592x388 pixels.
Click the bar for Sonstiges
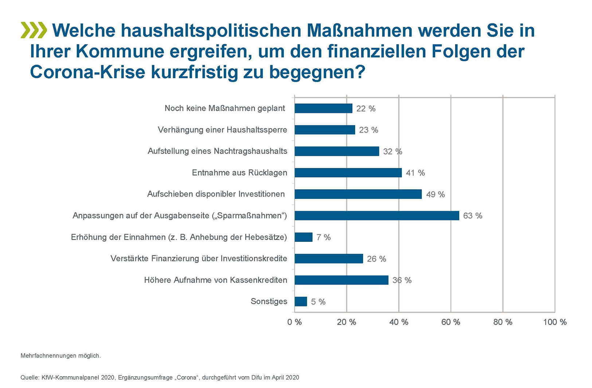coord(301,302)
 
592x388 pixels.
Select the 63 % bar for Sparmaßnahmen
coord(377,216)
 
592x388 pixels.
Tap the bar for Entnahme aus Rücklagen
coord(348,173)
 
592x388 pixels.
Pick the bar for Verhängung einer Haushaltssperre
coord(325,130)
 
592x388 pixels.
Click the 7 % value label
coord(324,238)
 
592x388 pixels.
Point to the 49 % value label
coord(435,195)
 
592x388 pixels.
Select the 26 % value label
coord(376,259)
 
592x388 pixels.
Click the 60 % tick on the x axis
coord(451,322)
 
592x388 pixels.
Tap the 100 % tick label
coord(554,322)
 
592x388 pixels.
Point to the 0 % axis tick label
coord(294,322)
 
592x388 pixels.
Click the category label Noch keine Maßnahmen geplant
coord(225,108)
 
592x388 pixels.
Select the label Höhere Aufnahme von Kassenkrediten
coord(216,280)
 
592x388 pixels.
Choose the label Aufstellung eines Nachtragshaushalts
coord(217,151)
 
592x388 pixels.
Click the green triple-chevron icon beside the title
coord(34,30)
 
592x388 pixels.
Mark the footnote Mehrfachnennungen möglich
coord(60,356)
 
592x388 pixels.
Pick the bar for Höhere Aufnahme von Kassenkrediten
coord(341,280)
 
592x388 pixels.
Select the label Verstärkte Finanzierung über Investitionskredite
coord(199,259)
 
